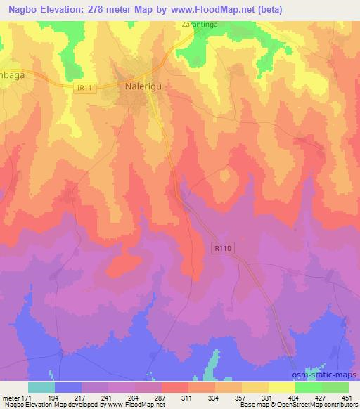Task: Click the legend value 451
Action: pyautogui.click(x=345, y=398)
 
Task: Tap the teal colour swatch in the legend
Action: pyautogui.click(x=41, y=387)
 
